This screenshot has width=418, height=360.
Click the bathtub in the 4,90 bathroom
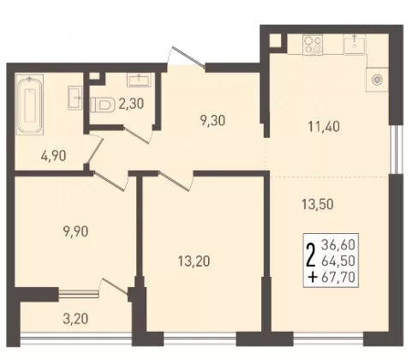30,105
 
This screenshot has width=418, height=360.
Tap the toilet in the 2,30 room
101,105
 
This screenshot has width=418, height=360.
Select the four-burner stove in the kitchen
313,45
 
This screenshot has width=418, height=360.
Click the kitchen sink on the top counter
355,45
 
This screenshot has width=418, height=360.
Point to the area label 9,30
212,121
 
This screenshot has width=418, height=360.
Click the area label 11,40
324,127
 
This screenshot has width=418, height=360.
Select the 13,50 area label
318,205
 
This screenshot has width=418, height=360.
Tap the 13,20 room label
194,261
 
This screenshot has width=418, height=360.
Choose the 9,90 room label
75,231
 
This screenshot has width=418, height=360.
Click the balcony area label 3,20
75,319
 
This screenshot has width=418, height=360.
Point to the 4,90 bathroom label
53,156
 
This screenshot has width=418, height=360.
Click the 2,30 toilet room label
131,104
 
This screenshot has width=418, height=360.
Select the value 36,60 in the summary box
338,245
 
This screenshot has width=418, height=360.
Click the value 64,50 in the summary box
338,261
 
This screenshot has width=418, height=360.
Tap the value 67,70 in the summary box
338,277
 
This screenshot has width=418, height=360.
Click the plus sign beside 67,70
313,277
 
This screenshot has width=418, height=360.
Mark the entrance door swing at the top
185,57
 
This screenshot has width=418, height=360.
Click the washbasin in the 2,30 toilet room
139,79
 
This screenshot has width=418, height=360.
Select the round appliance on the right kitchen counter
377,80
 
